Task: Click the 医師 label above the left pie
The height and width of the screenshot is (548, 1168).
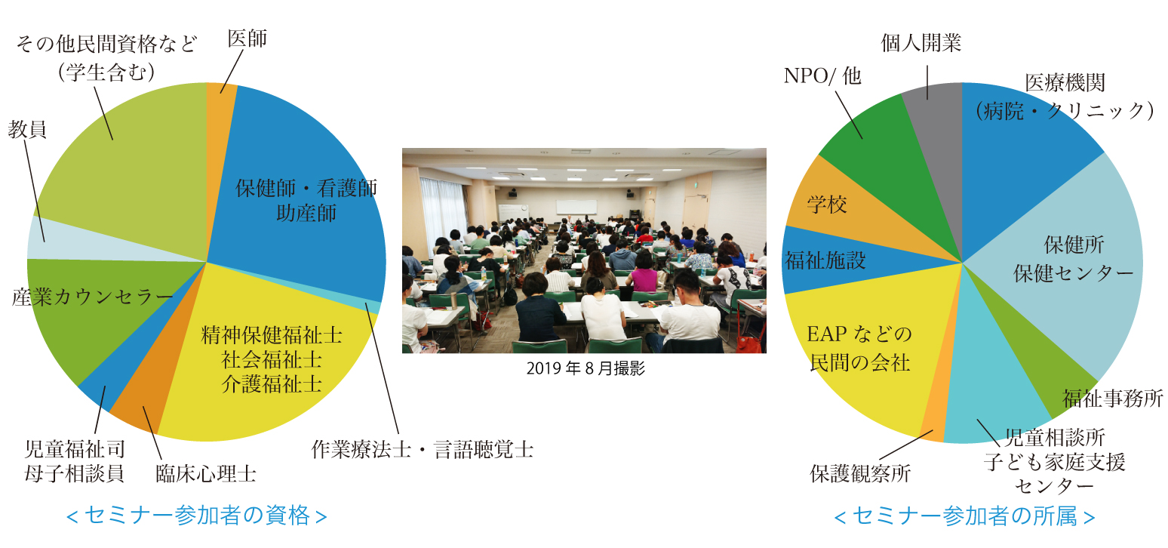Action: [247, 38]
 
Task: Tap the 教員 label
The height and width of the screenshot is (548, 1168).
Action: [27, 129]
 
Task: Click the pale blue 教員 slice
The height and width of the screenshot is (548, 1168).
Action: [63, 240]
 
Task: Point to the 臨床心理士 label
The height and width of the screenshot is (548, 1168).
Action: [206, 474]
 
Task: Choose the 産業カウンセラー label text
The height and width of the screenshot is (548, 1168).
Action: [92, 297]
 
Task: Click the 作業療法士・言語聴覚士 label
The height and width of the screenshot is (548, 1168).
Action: [423, 449]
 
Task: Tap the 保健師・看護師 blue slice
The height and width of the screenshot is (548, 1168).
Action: [303, 198]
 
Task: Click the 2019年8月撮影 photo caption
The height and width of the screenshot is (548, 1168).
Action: [586, 368]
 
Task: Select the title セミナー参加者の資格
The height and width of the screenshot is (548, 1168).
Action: [197, 516]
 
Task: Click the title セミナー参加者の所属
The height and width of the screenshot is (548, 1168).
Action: [964, 516]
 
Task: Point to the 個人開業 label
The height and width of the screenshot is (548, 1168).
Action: [921, 43]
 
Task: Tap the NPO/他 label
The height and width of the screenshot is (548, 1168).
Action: [822, 76]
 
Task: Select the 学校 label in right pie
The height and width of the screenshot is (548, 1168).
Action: [827, 205]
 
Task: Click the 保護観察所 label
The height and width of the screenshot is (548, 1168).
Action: [860, 473]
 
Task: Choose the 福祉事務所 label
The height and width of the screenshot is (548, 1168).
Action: [1113, 399]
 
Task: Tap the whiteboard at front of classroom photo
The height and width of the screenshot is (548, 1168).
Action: [576, 207]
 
